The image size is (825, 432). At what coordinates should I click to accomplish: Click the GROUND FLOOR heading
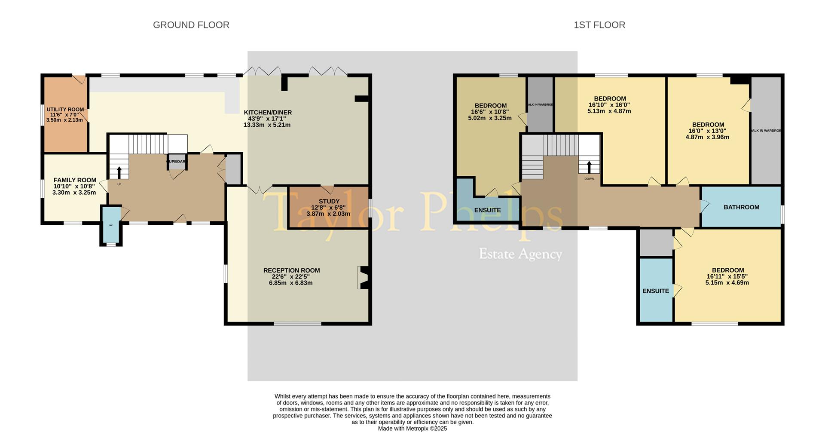click(x=191, y=25)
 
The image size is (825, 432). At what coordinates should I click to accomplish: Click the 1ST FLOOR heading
click(x=599, y=25)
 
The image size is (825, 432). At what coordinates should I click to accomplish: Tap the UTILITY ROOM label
click(x=65, y=110)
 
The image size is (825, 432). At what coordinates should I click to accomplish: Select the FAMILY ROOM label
click(x=75, y=180)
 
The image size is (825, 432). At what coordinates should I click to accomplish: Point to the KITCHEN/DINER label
click(x=268, y=113)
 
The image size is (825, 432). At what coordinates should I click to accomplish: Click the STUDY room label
click(x=329, y=201)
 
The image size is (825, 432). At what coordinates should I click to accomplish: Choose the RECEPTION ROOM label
click(x=291, y=270)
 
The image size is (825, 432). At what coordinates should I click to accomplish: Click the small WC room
click(x=111, y=225)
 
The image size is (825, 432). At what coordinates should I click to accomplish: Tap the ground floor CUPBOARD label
click(x=177, y=162)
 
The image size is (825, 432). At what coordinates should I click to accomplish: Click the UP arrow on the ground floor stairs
click(x=119, y=172)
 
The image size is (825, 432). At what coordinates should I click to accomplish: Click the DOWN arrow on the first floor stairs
click(x=589, y=167)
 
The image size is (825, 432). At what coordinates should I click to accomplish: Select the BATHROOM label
click(x=741, y=207)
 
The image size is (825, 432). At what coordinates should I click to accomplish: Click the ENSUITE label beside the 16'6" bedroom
click(x=487, y=210)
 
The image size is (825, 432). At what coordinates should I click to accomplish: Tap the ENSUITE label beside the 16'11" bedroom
click(x=655, y=291)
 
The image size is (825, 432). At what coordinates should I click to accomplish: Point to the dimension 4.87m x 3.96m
click(x=707, y=137)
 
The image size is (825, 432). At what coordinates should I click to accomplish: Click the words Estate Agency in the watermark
click(x=520, y=254)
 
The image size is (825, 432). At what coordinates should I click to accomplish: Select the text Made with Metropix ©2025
click(x=412, y=428)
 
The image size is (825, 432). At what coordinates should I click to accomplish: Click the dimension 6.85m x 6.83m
click(x=291, y=283)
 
